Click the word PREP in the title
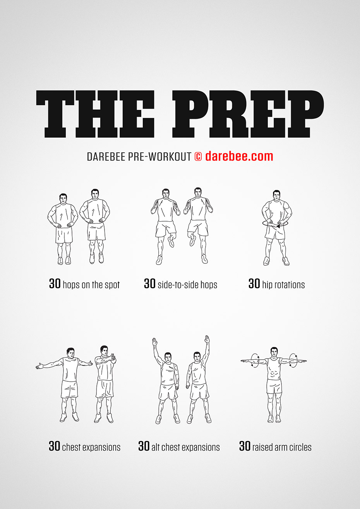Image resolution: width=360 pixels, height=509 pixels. (248, 114)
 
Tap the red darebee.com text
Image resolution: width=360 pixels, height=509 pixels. (239, 156)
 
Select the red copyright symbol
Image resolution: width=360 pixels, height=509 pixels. (198, 157)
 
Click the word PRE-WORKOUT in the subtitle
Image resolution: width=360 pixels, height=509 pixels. (159, 157)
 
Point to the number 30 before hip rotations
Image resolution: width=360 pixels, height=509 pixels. (254, 284)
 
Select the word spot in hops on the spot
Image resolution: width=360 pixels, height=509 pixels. (112, 285)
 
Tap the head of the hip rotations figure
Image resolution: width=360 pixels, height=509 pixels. (276, 196)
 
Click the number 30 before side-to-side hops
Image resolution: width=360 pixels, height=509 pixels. (150, 284)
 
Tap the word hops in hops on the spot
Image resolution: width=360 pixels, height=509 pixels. (71, 285)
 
